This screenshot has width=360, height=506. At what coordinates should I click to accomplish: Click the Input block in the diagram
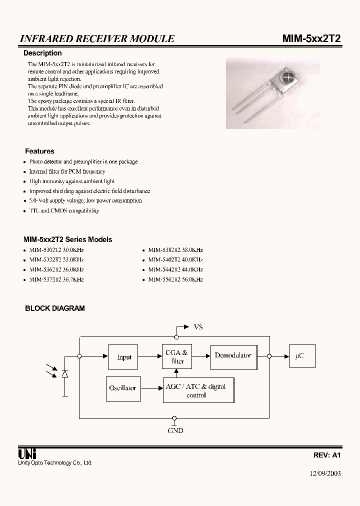click(x=123, y=357)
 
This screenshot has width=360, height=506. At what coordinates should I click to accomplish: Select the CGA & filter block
click(x=177, y=357)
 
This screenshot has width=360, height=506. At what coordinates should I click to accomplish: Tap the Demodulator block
click(x=233, y=355)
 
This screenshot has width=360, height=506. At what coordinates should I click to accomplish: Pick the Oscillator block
click(x=122, y=388)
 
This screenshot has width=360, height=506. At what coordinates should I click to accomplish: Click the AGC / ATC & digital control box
click(x=198, y=390)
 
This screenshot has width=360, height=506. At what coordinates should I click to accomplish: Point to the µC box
click(x=299, y=356)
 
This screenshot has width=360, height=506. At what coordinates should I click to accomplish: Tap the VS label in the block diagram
click(x=198, y=327)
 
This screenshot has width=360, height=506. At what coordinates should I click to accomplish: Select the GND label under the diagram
click(x=175, y=430)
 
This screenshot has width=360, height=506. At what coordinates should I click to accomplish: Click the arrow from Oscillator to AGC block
click(x=150, y=388)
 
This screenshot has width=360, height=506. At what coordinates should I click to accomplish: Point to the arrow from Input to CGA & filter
click(x=149, y=356)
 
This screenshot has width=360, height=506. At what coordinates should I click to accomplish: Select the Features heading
click(x=39, y=151)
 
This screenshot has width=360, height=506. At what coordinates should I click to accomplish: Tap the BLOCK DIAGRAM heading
click(x=55, y=308)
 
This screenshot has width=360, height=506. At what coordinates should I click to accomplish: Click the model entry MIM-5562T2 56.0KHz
click(x=175, y=279)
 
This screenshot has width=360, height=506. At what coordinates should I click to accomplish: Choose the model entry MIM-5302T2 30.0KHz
click(x=56, y=249)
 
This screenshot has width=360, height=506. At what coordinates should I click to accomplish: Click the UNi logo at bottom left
click(x=26, y=453)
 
